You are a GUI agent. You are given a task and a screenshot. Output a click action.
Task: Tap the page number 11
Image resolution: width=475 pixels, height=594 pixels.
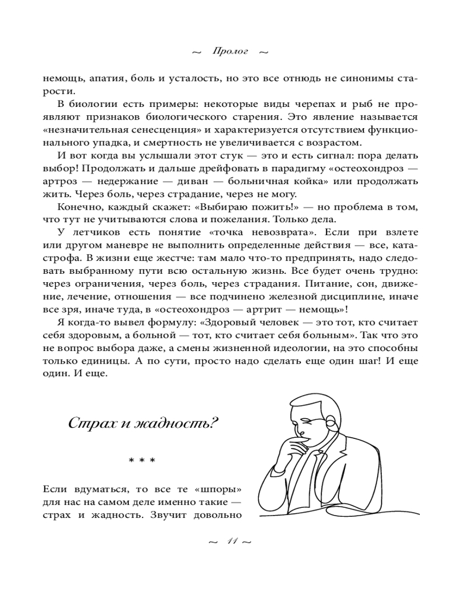(231, 542)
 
